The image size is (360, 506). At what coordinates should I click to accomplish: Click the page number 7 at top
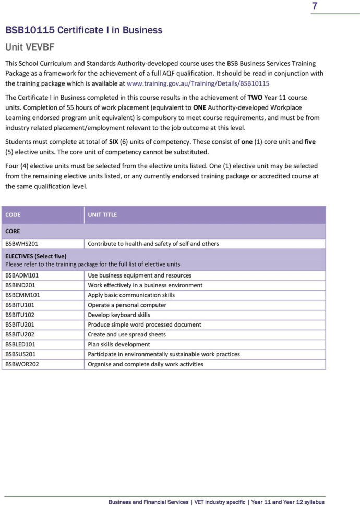point(315,7)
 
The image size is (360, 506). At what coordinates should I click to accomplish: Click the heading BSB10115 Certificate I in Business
point(83,30)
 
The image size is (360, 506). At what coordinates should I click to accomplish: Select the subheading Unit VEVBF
point(30,47)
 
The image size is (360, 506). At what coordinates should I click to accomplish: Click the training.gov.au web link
point(198,83)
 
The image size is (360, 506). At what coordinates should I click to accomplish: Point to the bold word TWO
point(255,98)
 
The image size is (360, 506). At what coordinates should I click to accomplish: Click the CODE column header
point(13,214)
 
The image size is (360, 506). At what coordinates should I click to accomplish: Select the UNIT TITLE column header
point(102,214)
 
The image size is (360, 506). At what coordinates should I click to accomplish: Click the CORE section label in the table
point(13,231)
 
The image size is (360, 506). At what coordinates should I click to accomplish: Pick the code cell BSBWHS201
point(21,244)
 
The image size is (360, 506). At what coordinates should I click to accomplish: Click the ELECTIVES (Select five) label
point(35,256)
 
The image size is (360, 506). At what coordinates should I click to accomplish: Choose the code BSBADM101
point(22,275)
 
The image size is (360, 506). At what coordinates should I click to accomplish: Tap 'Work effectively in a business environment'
point(145,285)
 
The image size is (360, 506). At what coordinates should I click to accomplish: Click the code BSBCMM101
point(22,295)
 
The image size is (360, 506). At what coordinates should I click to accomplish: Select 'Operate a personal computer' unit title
point(127,305)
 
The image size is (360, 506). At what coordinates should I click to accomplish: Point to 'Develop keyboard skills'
point(119,315)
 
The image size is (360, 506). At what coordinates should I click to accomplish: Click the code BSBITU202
point(20,334)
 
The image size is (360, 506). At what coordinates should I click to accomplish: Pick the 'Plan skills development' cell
point(118,344)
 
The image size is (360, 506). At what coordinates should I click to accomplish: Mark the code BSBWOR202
point(22,364)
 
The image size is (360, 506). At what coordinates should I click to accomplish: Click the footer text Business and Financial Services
point(148,502)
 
